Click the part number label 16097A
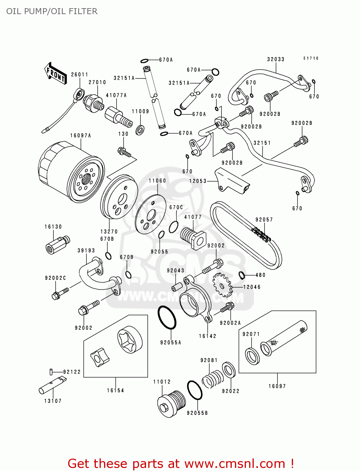pos(80,136)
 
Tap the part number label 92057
pos(264,220)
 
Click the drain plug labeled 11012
pos(171,404)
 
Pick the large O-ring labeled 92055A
pos(167,317)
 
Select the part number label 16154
pos(116,391)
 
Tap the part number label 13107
pos(53,401)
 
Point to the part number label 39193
pos(86,251)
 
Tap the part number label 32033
pos(275,59)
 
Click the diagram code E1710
pos(311,58)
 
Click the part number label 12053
pos(198,181)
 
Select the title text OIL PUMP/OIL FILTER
pos(52,11)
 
